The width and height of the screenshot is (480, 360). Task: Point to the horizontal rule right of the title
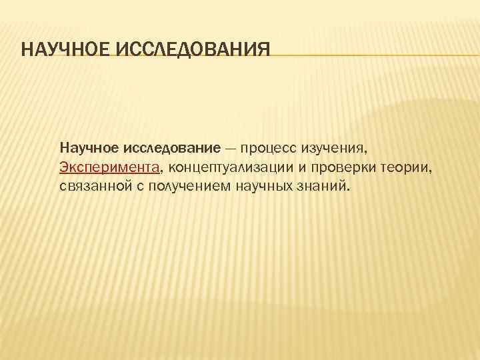tap(373, 56)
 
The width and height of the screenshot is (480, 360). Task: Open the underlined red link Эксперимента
tap(109, 166)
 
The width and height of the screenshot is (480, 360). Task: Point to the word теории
tap(409, 166)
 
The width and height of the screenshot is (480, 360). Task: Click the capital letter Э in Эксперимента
tap(63, 166)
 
